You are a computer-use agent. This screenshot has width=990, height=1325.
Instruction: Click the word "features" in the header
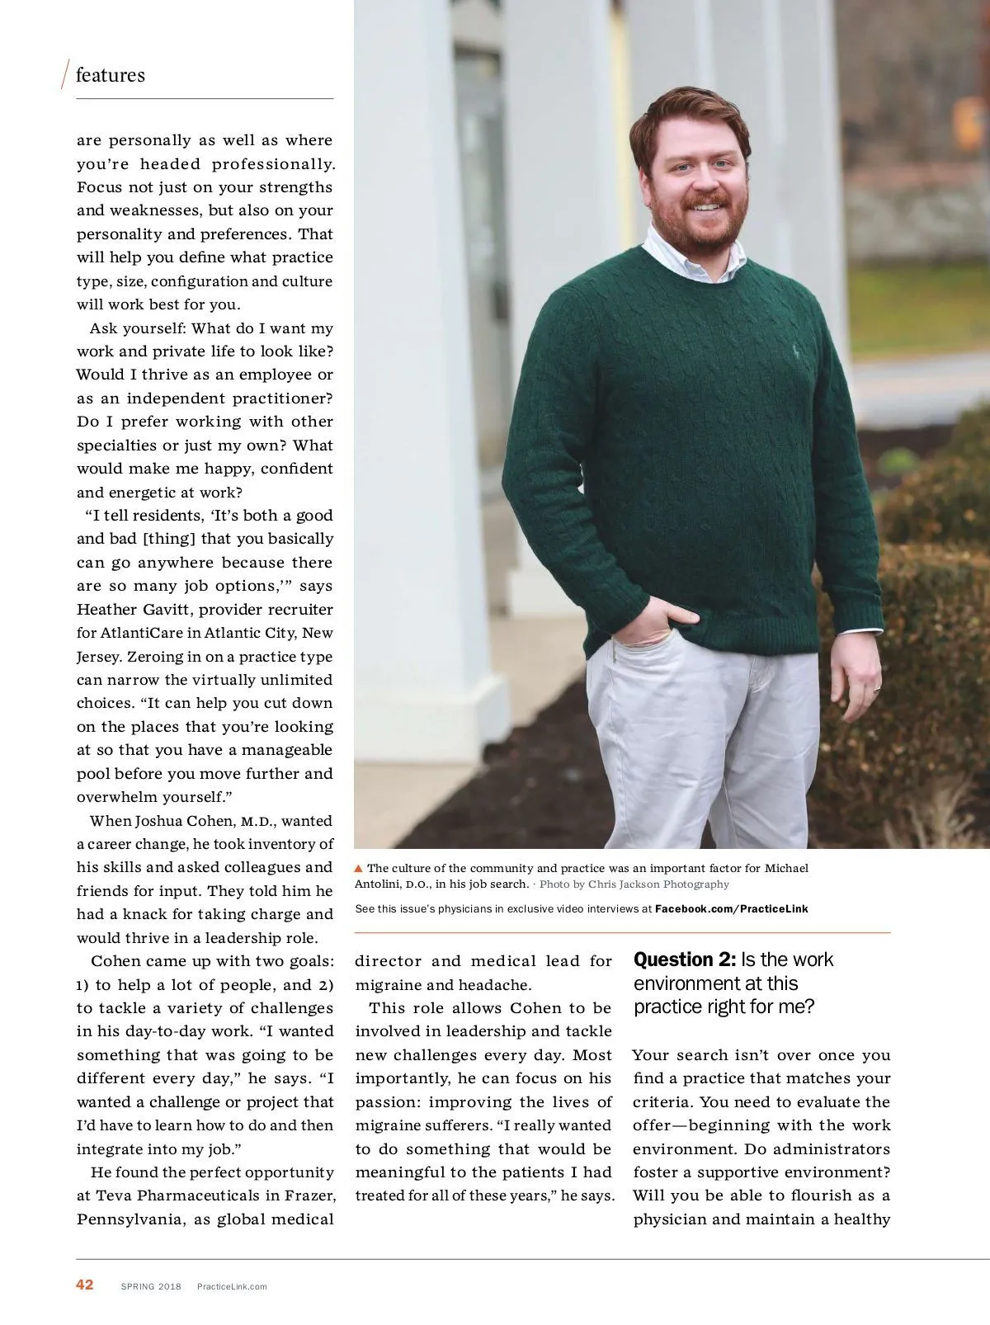click(110, 75)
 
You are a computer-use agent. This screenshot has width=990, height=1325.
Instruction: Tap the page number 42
click(85, 1285)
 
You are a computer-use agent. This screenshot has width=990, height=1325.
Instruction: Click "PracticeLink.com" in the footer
click(232, 1286)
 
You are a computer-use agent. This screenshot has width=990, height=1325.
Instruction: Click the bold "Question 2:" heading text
click(684, 960)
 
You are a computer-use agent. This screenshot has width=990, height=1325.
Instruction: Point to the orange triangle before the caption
click(359, 868)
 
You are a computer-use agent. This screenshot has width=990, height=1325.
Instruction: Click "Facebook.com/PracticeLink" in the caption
click(731, 908)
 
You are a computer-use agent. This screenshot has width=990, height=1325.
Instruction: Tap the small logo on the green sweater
click(797, 350)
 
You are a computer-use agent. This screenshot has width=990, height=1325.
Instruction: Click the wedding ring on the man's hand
click(877, 686)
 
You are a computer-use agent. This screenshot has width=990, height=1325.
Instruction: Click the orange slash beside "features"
click(65, 75)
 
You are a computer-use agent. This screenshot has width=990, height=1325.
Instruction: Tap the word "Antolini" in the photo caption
click(379, 884)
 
